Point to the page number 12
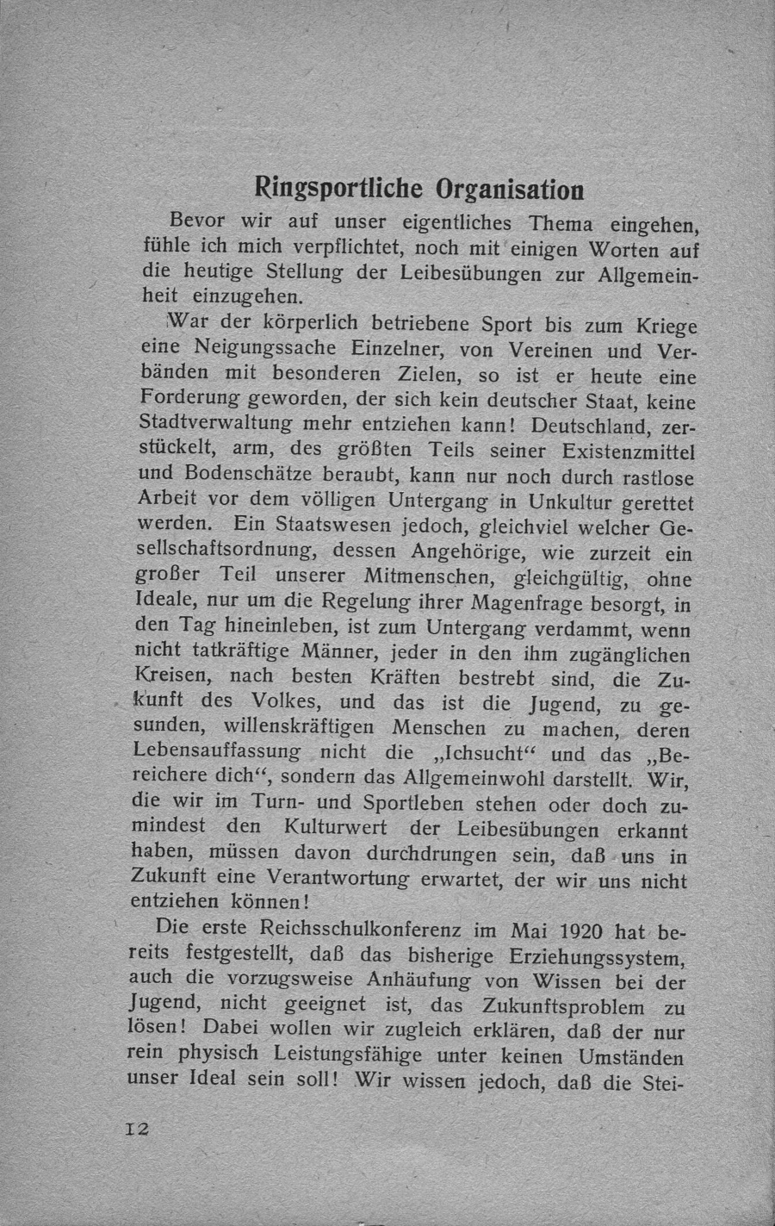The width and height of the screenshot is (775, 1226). (x=137, y=1129)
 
